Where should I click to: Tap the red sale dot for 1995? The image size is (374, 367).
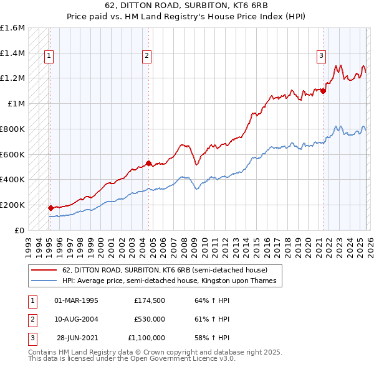click(50, 208)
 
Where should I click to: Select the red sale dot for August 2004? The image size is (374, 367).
click(148, 164)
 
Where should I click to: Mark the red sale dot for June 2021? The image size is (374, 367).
click(324, 91)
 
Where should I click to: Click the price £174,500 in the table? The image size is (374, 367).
click(149, 300)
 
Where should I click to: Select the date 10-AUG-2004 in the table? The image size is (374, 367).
click(76, 319)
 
